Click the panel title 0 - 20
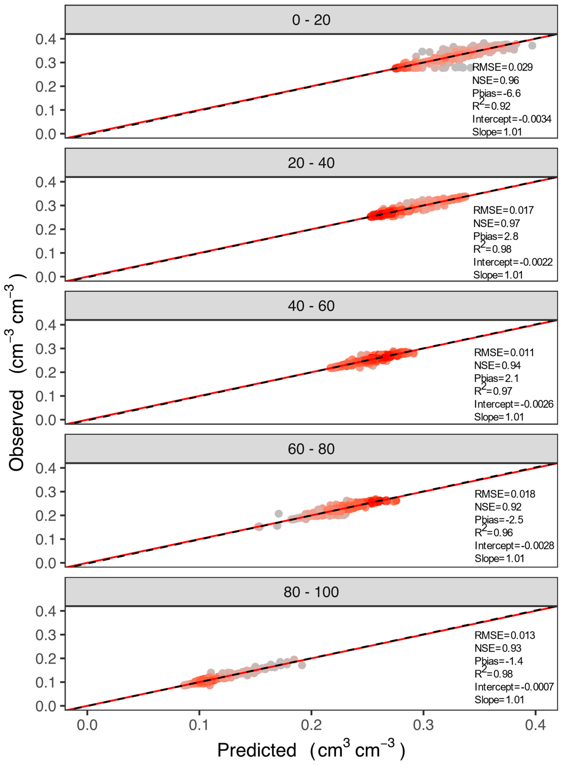[x=311, y=20]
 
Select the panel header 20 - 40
[x=311, y=163]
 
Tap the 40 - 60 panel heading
[x=311, y=306]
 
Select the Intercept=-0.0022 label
[x=513, y=262]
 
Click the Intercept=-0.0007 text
[x=514, y=687]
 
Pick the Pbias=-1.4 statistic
[x=498, y=661]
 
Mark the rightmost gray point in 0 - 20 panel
[x=532, y=46]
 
